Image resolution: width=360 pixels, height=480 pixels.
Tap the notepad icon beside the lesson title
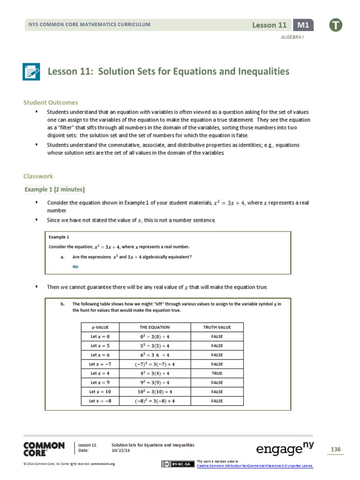[x=32, y=72]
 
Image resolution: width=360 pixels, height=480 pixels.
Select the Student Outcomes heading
[x=51, y=103]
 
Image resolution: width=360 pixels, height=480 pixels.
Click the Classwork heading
[x=38, y=176]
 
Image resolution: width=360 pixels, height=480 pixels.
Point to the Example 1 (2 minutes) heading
[x=54, y=189]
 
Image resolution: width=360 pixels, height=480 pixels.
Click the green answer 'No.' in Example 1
[x=76, y=266]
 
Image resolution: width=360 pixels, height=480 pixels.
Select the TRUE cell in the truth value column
[x=217, y=373]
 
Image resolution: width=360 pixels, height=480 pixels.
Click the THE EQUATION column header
[x=155, y=327]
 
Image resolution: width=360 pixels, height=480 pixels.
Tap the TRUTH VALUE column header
[x=217, y=327]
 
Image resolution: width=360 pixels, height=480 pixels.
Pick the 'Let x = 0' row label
[x=99, y=337]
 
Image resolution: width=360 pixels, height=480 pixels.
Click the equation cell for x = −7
[x=155, y=364]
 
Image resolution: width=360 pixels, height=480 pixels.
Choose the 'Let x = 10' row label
[x=99, y=391]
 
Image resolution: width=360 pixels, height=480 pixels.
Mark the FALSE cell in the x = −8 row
[x=217, y=401]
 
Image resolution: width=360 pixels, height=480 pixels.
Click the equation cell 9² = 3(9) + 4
[x=155, y=382]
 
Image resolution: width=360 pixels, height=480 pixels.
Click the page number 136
[x=335, y=450]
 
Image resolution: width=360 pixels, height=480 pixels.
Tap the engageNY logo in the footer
[x=285, y=449]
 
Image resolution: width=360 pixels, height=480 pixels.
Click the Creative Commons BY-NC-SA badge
[x=177, y=464]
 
